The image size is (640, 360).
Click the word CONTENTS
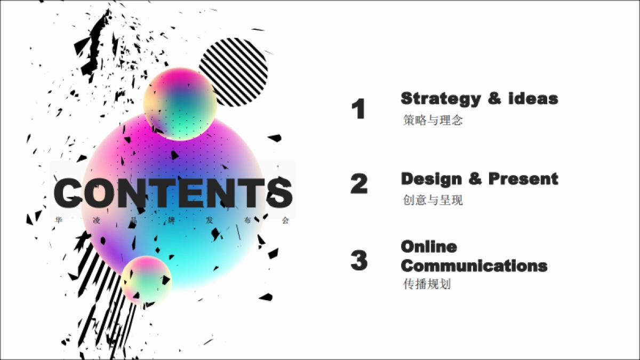[173, 193]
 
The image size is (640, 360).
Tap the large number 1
[358, 109]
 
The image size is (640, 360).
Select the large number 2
[359, 183]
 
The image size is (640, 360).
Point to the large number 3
[359, 260]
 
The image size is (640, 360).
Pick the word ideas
[533, 99]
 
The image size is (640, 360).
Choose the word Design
[431, 179]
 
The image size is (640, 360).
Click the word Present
[523, 179]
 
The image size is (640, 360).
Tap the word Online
[429, 247]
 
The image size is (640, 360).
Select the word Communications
[474, 266]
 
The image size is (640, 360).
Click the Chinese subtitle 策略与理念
[433, 120]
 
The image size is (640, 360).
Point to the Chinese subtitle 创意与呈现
[433, 200]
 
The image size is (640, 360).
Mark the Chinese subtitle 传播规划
[427, 284]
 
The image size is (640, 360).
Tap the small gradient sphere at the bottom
[146, 281]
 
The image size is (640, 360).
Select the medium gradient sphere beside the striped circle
[180, 104]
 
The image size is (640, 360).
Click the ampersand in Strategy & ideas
[494, 99]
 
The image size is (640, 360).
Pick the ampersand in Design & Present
[475, 179]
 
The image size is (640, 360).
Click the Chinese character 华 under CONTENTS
[59, 220]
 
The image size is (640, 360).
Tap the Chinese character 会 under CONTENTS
[285, 220]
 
